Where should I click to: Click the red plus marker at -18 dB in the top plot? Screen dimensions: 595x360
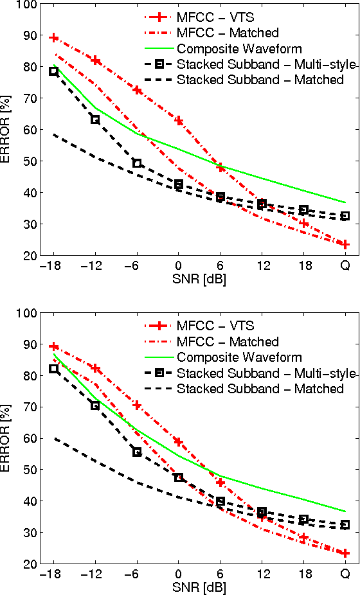54,38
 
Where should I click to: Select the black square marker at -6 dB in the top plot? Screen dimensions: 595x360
137,163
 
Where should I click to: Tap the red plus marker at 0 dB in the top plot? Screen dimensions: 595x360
179,121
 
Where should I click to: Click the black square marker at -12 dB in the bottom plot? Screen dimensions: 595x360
95,405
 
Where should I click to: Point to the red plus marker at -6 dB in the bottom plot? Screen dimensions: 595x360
137,405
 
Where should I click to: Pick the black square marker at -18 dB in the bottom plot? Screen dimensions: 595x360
54,369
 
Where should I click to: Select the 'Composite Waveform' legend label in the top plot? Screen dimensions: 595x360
239,49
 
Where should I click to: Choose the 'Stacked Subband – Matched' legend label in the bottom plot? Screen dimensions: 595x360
260,389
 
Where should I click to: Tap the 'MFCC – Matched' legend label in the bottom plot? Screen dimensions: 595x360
228,342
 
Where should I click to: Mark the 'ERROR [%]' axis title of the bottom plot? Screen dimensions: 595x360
7,438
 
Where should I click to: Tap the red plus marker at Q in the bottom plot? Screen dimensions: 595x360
345,553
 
